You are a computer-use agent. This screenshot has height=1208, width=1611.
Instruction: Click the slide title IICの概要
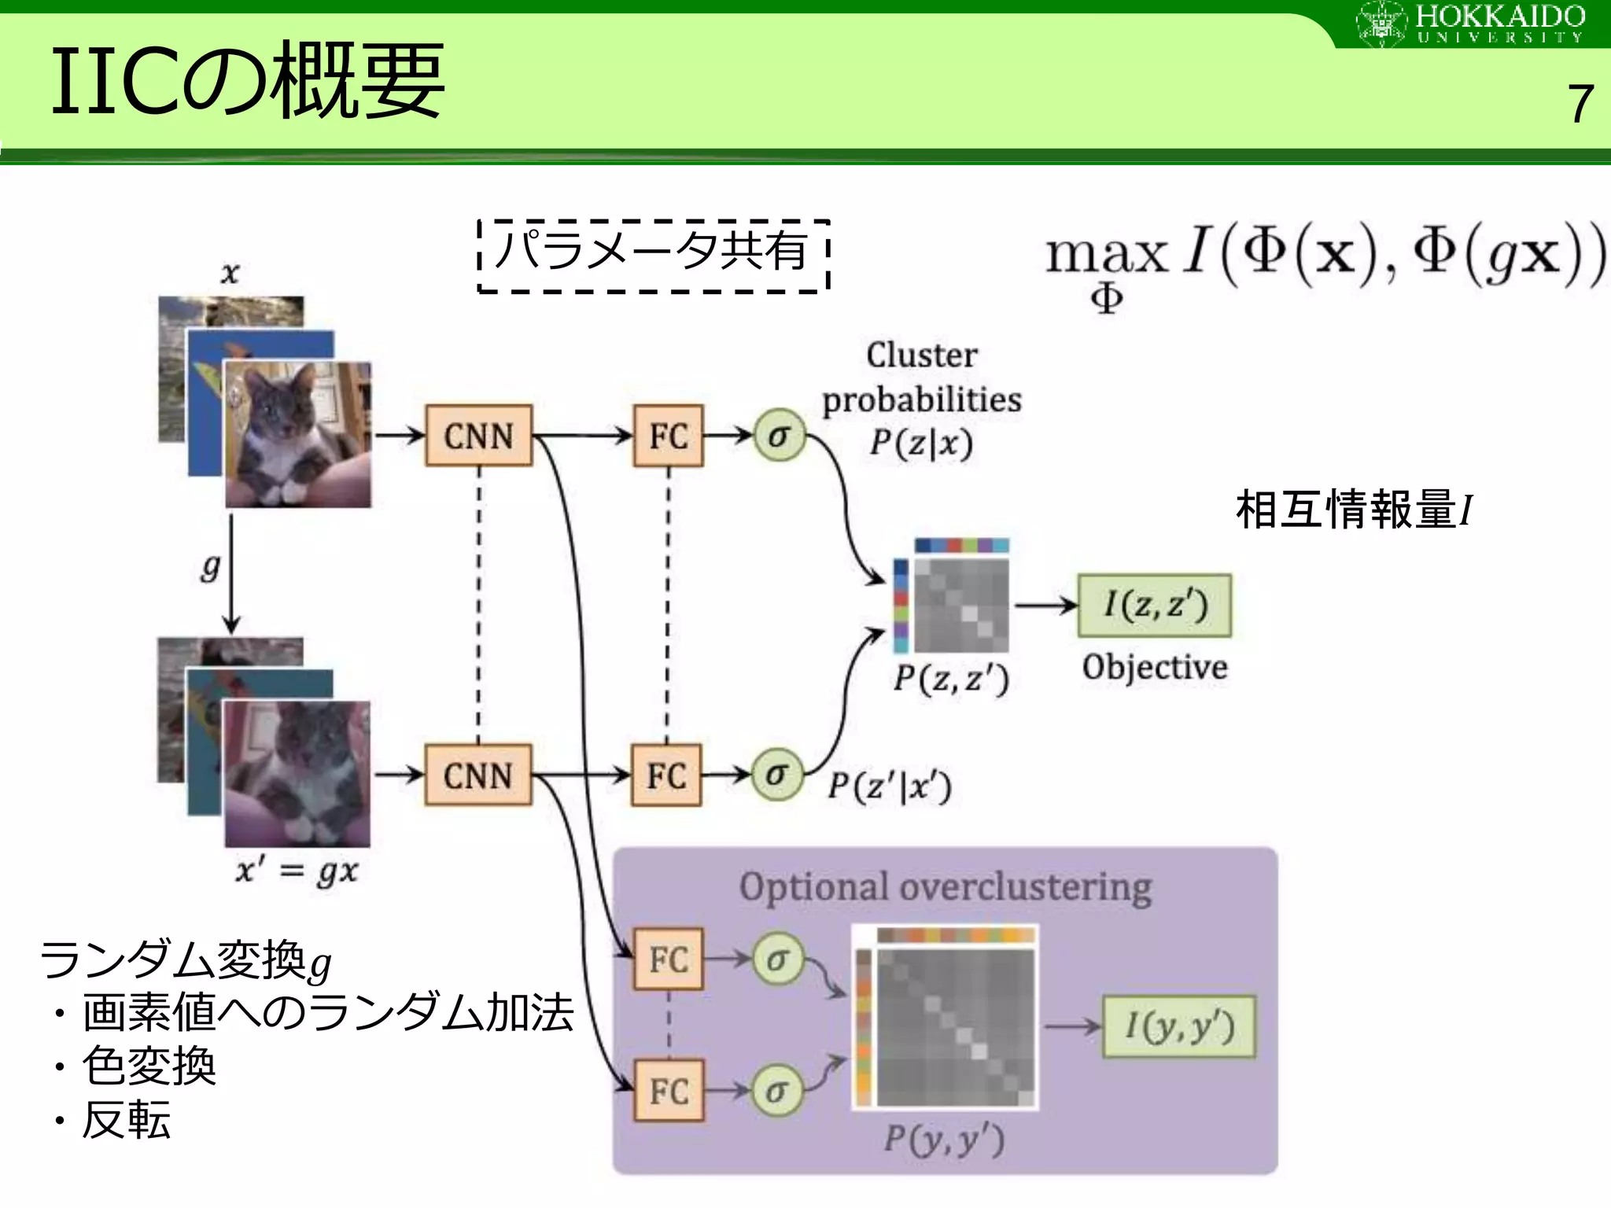point(248,80)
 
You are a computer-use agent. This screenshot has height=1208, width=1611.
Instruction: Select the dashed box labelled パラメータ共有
point(654,256)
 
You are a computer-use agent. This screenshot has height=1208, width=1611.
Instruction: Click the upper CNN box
point(478,436)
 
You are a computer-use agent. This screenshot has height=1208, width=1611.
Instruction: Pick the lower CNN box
point(477,775)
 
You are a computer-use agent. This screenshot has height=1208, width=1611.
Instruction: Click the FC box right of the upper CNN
point(668,436)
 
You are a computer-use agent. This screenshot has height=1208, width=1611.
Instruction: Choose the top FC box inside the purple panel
point(669,959)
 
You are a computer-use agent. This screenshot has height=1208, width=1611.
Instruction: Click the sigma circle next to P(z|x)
point(779,435)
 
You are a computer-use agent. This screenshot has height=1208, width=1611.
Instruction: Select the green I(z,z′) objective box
point(1154,605)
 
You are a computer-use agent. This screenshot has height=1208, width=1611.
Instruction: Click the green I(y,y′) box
point(1179,1026)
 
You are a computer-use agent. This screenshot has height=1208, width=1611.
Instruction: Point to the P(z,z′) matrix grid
point(961,606)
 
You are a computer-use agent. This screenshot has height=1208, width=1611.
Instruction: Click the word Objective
point(1154,667)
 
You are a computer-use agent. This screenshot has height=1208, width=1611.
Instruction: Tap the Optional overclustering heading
point(945,887)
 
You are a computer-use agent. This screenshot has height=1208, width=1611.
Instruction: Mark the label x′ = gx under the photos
point(297,871)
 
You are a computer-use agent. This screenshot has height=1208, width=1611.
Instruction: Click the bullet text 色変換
point(149,1066)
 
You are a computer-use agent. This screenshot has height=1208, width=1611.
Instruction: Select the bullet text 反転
point(126,1120)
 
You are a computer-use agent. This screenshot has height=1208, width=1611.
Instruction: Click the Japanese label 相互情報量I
point(1353,510)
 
